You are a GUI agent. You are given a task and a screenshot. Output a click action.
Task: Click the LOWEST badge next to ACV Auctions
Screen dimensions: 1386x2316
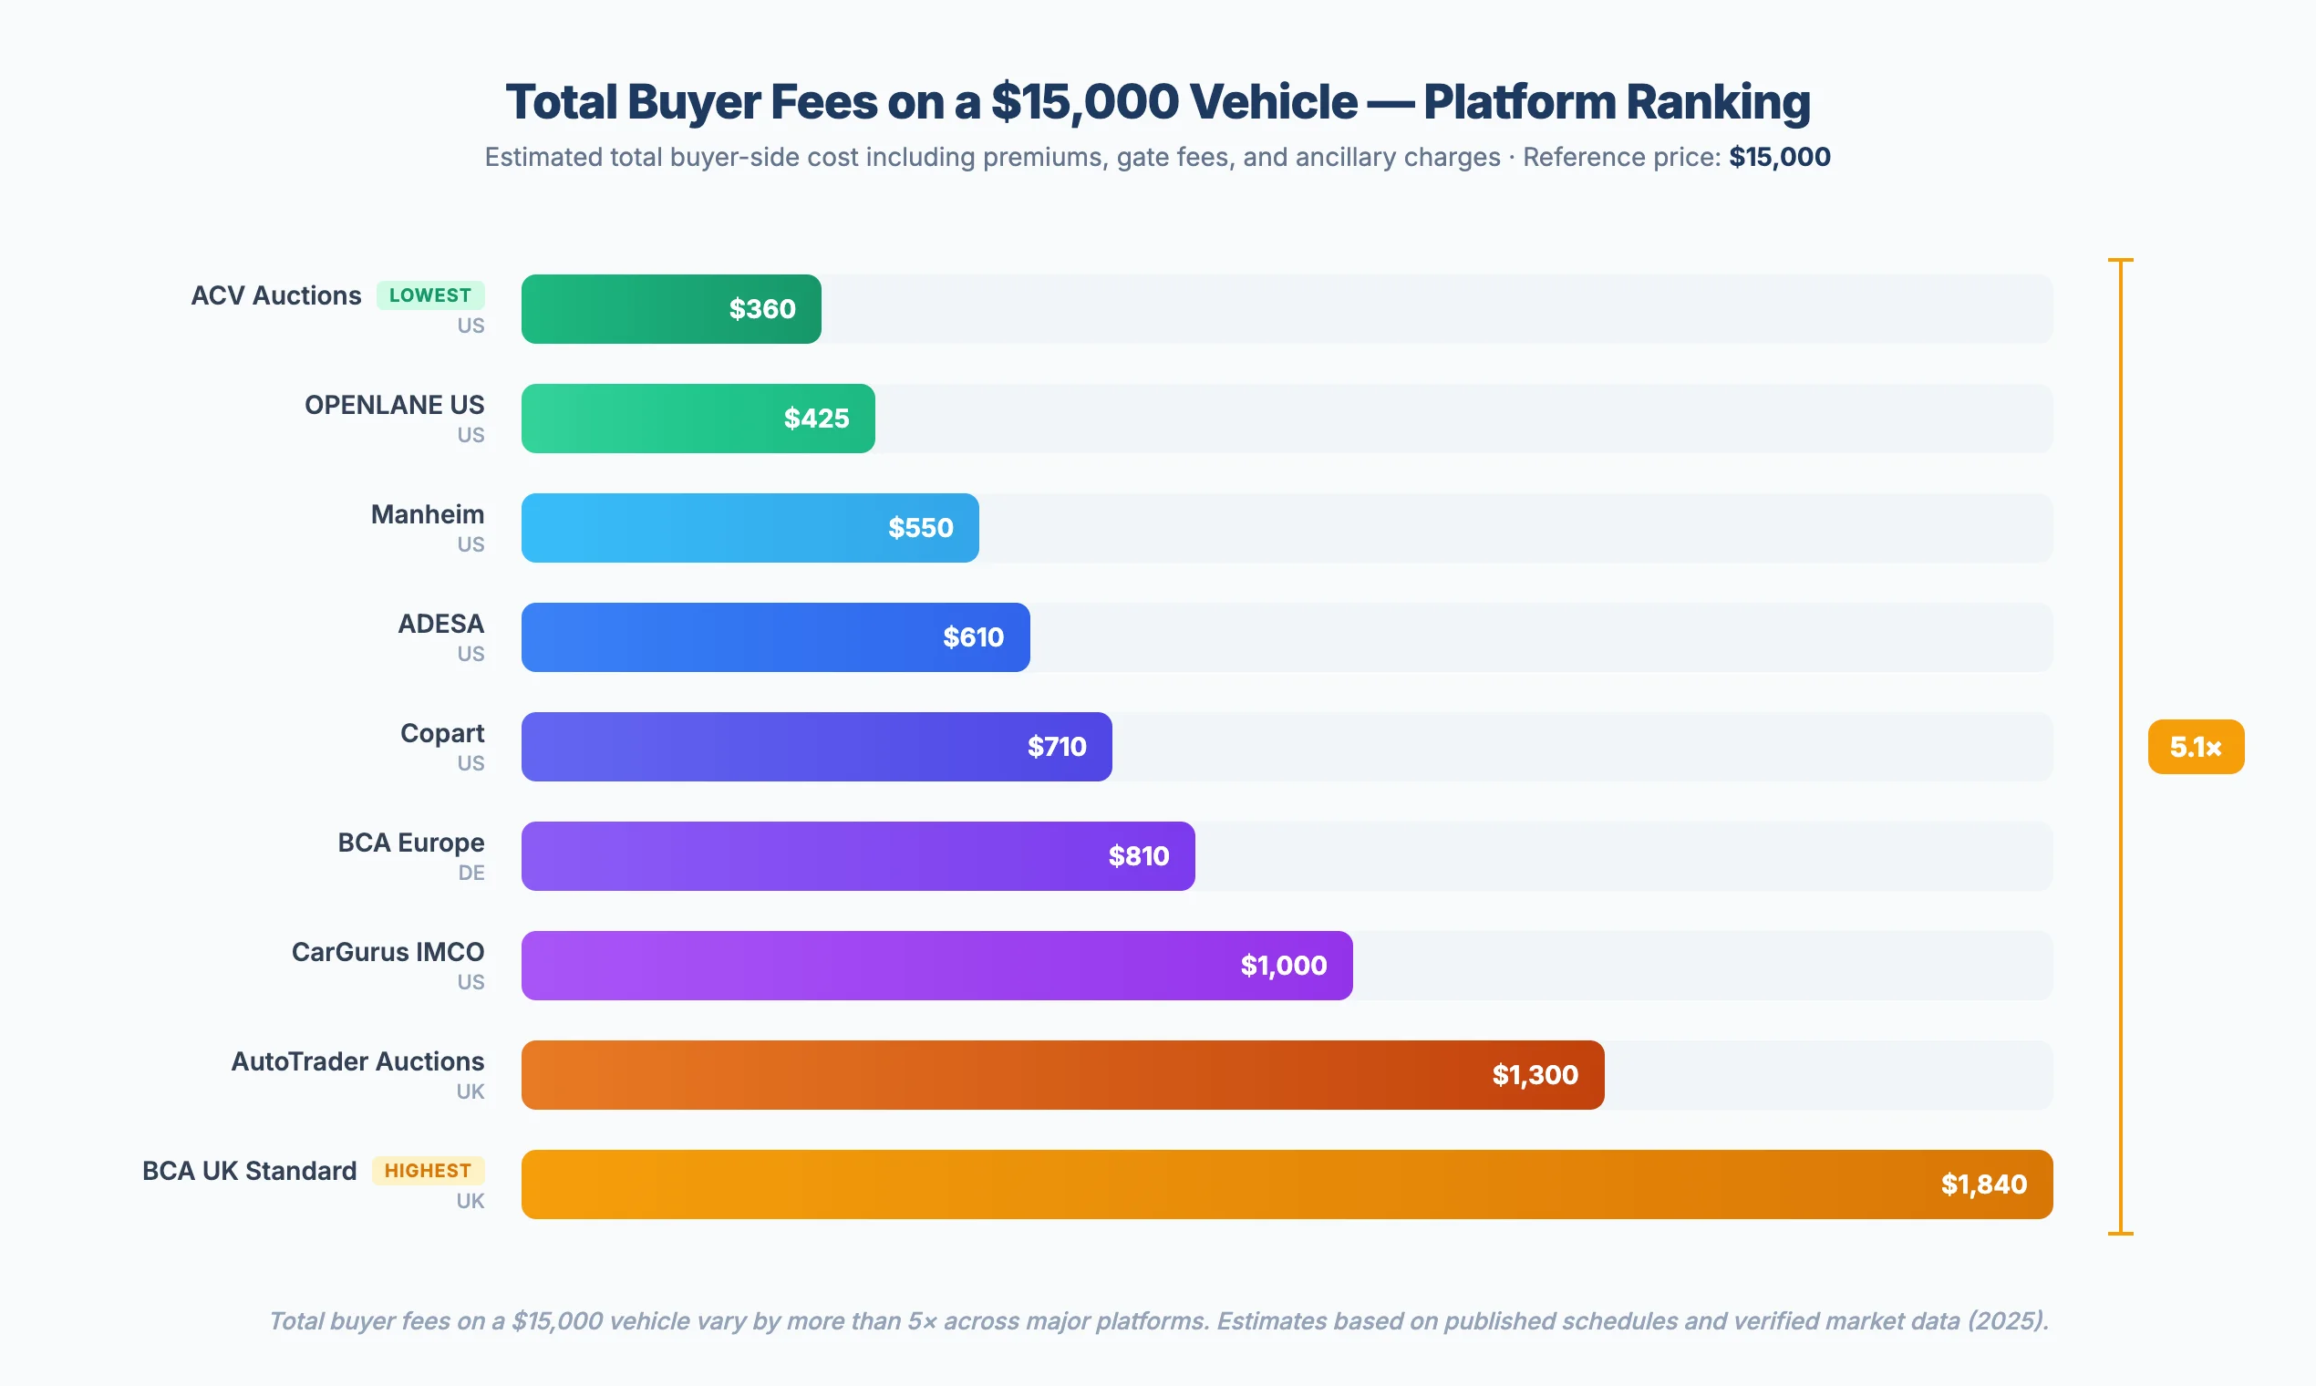pos(429,295)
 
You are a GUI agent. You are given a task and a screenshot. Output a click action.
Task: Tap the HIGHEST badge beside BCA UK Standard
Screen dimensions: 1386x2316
pos(428,1170)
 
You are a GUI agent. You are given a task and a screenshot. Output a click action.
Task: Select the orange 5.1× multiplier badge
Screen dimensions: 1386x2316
pos(2195,747)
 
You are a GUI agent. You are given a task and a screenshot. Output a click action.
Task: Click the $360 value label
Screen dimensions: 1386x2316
pos(762,309)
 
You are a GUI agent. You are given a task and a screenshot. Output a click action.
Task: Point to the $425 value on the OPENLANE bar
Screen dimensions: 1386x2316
pos(816,419)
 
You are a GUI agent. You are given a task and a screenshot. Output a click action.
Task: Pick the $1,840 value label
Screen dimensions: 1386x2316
pos(1983,1184)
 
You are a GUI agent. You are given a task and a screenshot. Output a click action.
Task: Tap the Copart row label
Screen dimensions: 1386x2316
pos(441,733)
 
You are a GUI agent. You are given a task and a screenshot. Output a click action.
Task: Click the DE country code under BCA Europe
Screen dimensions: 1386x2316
pos(470,873)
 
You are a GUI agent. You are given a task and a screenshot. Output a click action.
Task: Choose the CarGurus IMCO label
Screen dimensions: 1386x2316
pos(388,952)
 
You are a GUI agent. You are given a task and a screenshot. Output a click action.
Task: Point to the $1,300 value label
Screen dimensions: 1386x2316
pos(1535,1075)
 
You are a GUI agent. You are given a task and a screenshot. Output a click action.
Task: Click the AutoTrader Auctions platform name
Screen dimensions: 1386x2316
pos(357,1061)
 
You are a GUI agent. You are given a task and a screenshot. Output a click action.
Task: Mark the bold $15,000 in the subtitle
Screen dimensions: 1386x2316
pos(1779,157)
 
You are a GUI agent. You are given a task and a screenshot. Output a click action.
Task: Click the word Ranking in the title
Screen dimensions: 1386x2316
pos(1710,102)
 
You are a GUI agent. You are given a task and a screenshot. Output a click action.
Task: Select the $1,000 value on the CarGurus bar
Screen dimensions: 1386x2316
pos(1283,966)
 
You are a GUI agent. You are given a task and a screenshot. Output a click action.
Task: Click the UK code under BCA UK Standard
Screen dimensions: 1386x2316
pos(470,1201)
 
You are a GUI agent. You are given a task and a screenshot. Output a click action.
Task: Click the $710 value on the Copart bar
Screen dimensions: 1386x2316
pos(1056,746)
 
